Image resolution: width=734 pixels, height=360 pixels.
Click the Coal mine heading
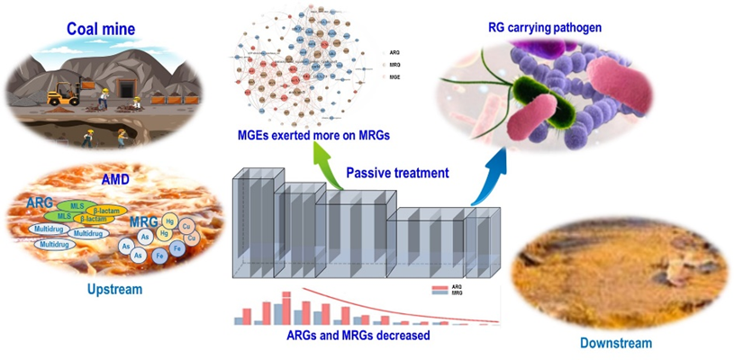click(x=101, y=29)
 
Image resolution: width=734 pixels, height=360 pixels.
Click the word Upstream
click(x=113, y=291)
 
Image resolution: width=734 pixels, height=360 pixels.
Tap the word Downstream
click(x=616, y=343)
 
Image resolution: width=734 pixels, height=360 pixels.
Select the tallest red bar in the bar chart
click(x=286, y=306)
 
